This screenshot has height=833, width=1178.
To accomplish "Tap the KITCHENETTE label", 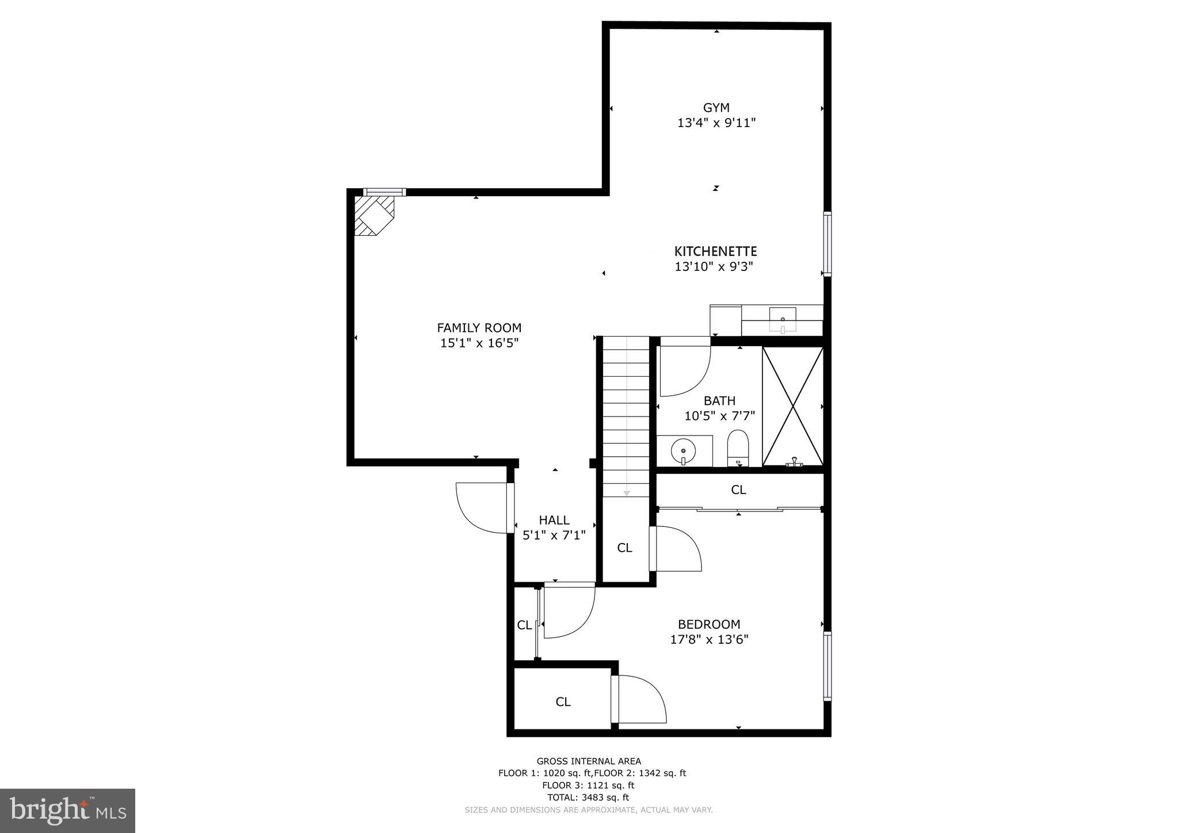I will point(715,251).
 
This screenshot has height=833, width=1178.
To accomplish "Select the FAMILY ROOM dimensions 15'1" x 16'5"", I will point(479,343).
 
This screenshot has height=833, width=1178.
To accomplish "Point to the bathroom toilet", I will point(738,447).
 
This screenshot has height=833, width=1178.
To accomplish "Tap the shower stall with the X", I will point(792,406).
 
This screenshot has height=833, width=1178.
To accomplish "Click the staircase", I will point(626,417).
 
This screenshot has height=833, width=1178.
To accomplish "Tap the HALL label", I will point(554,520).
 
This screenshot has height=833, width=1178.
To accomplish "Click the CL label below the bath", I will point(738,490).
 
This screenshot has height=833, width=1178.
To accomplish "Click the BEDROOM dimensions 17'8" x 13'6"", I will point(709,639).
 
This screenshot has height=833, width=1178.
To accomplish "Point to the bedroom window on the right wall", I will point(827,666).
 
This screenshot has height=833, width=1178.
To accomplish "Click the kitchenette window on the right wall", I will point(827,244).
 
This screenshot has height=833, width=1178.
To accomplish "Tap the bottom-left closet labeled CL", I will point(562,702).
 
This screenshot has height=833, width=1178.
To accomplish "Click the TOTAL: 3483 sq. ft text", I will point(588,797).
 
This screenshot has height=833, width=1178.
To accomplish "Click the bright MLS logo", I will point(67,811).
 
